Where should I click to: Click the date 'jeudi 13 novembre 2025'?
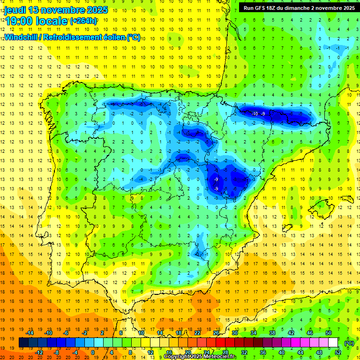pyautogui.click(x=56, y=10)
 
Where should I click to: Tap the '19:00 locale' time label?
pyautogui.click(x=37, y=21)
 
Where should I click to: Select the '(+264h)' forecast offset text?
pyautogui.click(x=83, y=21)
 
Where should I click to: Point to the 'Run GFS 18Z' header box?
pyautogui.click(x=297, y=8)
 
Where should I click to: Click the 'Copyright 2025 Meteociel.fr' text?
pyautogui.click(x=200, y=357)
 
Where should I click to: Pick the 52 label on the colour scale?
pyautogui.click(x=338, y=352)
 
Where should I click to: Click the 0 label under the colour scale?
pyautogui.click(x=92, y=352)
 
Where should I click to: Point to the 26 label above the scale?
pyautogui.click(x=216, y=333)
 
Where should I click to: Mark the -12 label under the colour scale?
pyautogui.click(x=39, y=352)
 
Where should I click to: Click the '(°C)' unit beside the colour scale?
pyautogui.click(x=349, y=343)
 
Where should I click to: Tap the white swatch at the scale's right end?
pyautogui.click(x=333, y=343)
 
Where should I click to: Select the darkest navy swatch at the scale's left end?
pyautogui.click(x=23, y=343)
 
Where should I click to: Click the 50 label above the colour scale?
pyautogui.click(x=329, y=333)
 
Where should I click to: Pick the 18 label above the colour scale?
pyautogui.click(x=179, y=333)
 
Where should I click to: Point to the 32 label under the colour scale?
pyautogui.click(x=244, y=352)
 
